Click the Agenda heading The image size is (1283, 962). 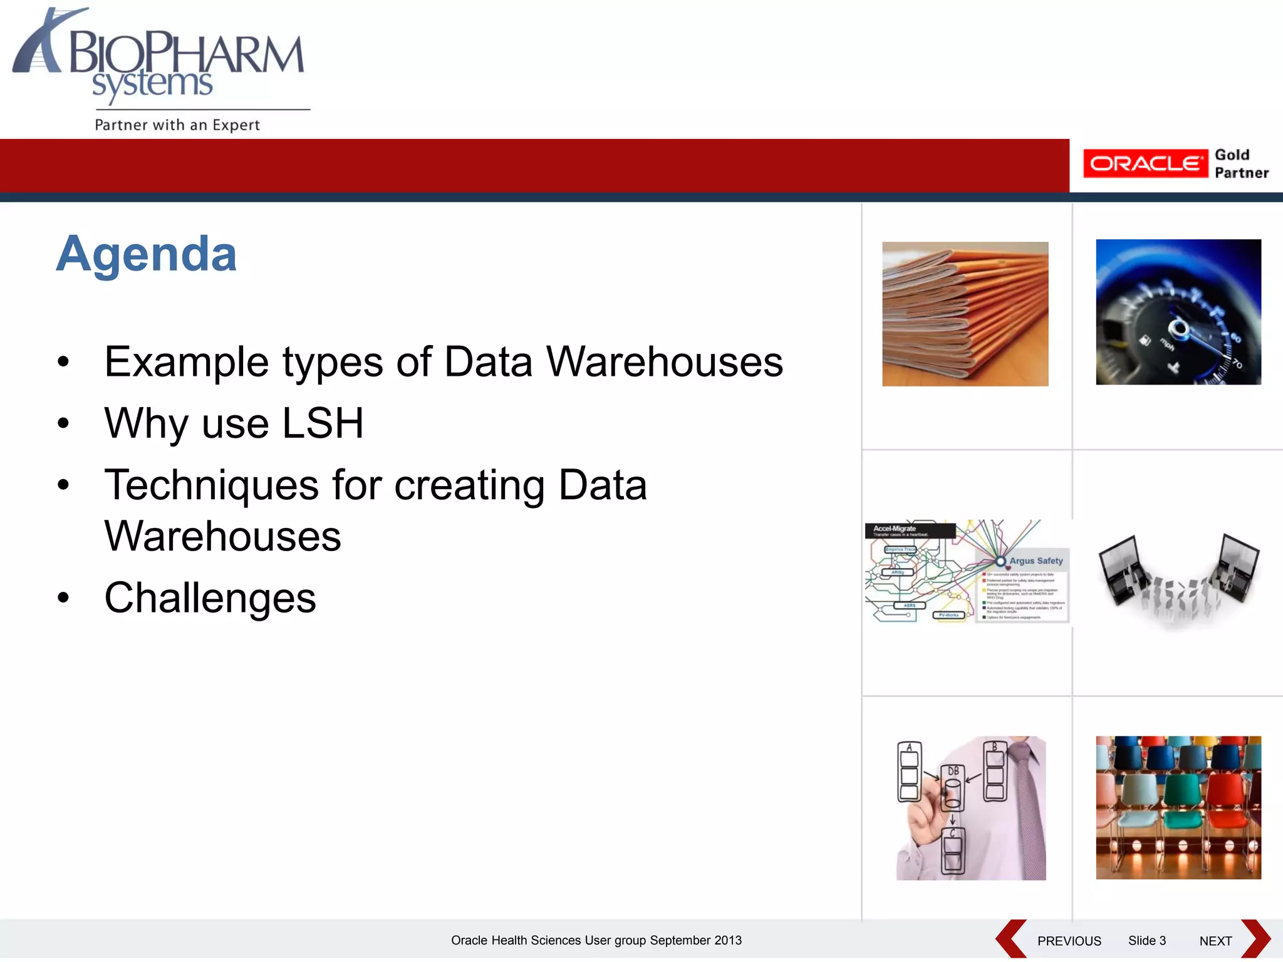tap(147, 254)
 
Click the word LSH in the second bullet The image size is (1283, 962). tap(323, 423)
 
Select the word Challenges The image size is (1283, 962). tap(210, 597)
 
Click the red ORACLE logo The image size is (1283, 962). tap(1145, 164)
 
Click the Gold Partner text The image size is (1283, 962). tap(1241, 164)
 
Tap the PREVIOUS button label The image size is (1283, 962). tap(1069, 941)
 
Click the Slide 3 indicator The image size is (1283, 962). tap(1146, 941)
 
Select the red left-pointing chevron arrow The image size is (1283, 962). tap(1010, 939)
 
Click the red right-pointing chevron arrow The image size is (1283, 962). tap(1256, 939)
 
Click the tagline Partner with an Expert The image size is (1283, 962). tap(177, 125)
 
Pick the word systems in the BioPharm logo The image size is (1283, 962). tap(152, 85)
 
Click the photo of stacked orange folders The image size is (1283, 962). tap(965, 314)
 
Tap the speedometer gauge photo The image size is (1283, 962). tap(1178, 312)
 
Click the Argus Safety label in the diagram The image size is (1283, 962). tap(1036, 561)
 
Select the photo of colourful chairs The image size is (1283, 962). tap(1178, 807)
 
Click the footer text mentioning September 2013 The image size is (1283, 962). tap(596, 940)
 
